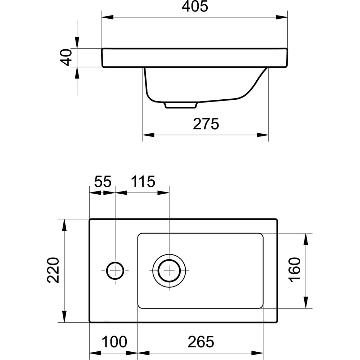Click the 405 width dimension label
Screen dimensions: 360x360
[195, 6]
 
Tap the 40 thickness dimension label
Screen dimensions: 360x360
[66, 57]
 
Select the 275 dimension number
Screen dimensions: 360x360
[206, 124]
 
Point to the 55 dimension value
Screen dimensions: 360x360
[103, 181]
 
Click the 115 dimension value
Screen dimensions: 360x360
[143, 181]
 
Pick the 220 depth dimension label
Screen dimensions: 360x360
[53, 270]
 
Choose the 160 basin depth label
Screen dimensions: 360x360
[294, 270]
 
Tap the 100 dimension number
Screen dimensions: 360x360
[114, 342]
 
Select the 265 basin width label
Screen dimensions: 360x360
[201, 342]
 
